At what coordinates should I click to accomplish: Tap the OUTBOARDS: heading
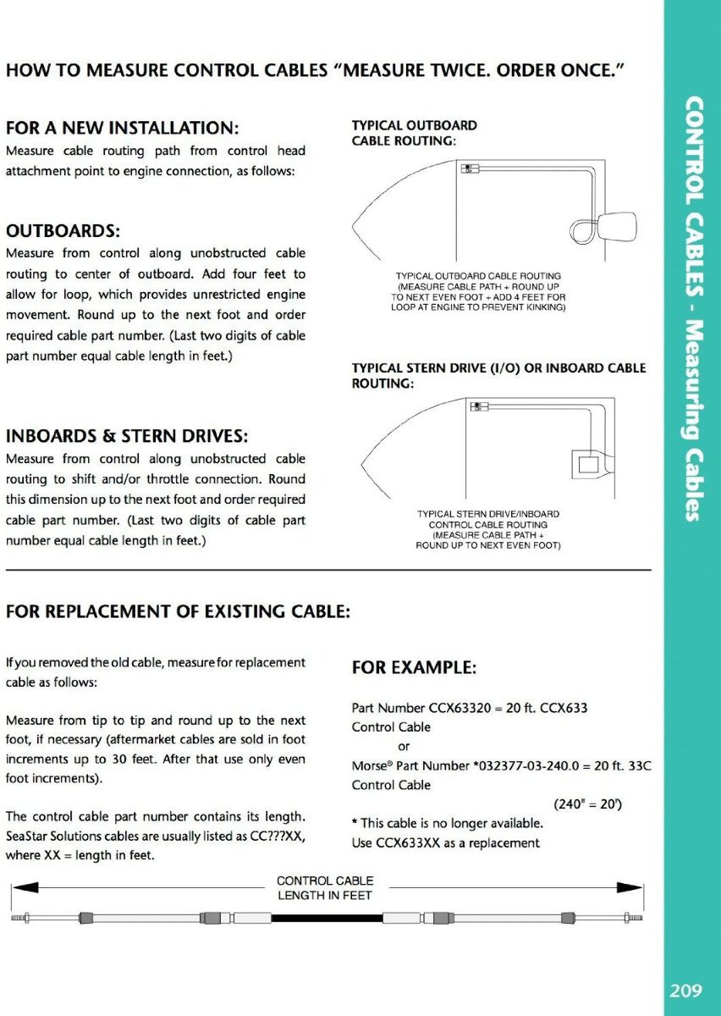click(63, 231)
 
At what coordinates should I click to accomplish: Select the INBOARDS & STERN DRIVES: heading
click(127, 437)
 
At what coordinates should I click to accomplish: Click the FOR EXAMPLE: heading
click(414, 668)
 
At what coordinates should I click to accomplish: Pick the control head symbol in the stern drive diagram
click(478, 406)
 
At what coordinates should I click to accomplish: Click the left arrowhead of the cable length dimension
click(25, 887)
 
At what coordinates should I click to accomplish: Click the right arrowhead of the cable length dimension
click(630, 887)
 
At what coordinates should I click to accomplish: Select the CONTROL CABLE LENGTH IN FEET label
click(325, 888)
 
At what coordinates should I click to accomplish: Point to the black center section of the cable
click(326, 917)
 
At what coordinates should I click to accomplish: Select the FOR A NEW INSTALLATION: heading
click(123, 129)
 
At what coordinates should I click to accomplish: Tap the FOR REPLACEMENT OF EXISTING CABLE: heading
click(178, 611)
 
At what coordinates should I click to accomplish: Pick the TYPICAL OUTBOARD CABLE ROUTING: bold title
click(414, 133)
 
